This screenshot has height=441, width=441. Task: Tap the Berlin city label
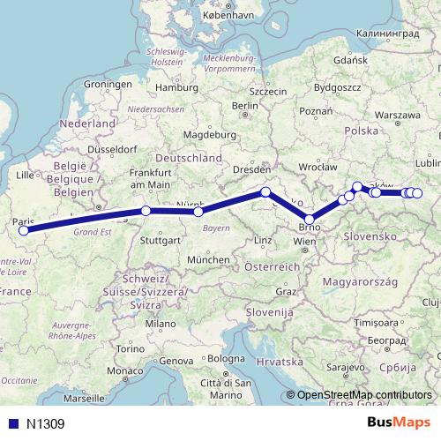pos(244,106)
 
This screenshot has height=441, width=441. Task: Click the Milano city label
pos(161,324)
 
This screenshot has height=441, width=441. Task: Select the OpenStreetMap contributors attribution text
pos(364,394)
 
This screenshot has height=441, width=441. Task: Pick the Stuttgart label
pos(160,239)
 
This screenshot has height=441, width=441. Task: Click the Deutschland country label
pos(195,158)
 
